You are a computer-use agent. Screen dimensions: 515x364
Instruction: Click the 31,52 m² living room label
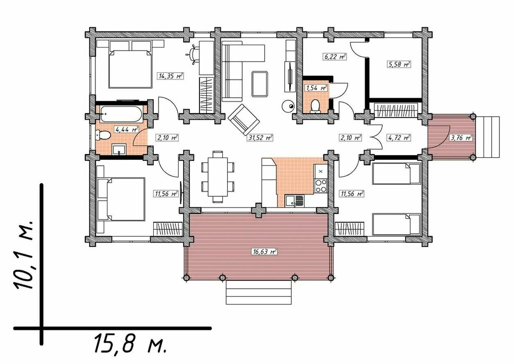(x=260, y=138)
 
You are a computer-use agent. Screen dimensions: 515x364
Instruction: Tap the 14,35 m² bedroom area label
(x=170, y=76)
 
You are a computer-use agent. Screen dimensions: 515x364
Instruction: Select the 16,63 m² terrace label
(x=264, y=252)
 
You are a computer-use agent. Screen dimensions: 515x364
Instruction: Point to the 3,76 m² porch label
(x=461, y=138)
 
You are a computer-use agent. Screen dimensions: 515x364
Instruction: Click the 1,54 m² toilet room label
(x=316, y=88)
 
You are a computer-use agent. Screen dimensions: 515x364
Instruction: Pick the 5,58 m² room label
(x=399, y=64)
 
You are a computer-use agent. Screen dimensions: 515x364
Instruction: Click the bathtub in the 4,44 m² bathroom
(x=121, y=114)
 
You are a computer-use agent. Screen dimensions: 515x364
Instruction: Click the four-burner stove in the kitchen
(x=321, y=185)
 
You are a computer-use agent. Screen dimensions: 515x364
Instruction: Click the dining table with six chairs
(x=218, y=177)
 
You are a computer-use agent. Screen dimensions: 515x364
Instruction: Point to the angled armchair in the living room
(x=244, y=119)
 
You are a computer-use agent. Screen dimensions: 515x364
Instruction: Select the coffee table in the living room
(x=260, y=84)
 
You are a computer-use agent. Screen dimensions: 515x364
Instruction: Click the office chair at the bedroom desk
(x=194, y=54)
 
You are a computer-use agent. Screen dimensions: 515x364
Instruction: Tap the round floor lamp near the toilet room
(x=288, y=106)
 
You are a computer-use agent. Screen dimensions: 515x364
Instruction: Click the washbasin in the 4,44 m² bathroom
(x=119, y=149)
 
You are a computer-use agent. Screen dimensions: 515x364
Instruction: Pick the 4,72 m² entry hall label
(x=399, y=138)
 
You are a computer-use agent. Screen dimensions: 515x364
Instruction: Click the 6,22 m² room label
(x=335, y=57)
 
